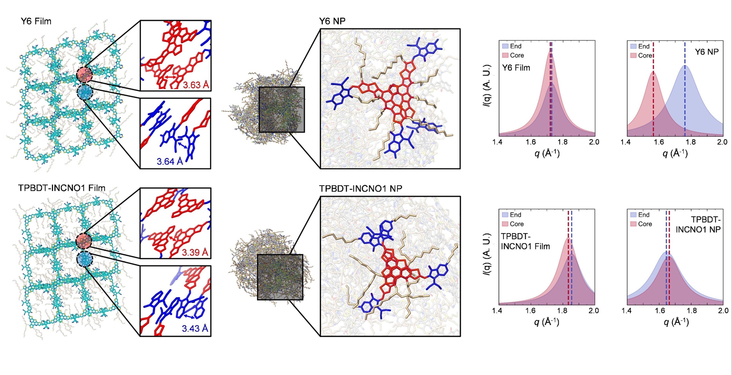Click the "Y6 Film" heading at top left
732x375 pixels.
36,21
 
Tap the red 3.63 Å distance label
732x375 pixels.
196,85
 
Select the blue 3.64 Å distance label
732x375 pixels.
170,162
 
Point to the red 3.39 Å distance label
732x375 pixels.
195,252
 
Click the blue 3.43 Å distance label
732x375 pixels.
195,328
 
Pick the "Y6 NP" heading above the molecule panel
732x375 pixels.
332,21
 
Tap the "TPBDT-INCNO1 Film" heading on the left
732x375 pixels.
62,188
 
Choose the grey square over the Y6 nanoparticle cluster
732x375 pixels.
282,110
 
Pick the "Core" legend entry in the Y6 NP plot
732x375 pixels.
645,55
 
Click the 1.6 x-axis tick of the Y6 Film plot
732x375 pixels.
530,142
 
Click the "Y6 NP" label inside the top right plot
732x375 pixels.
707,52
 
